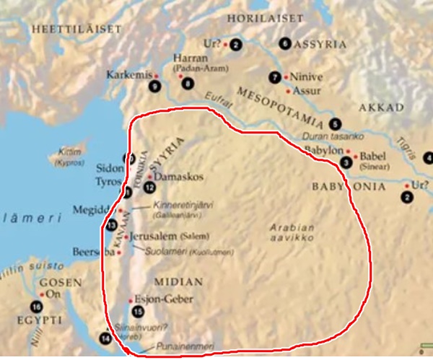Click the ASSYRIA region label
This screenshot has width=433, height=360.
318,43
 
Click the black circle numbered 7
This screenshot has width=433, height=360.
274,77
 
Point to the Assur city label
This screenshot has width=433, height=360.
306,92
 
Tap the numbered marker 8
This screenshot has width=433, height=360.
188,83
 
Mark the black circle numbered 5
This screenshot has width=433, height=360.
334,123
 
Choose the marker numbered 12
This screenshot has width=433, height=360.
149,187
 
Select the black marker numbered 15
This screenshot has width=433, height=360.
139,312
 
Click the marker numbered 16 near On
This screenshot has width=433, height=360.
36,305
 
